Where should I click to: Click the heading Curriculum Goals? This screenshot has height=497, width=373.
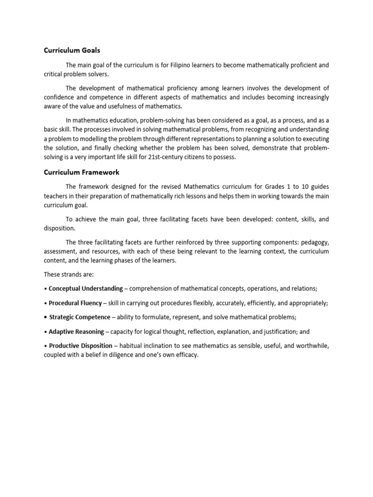tap(72, 50)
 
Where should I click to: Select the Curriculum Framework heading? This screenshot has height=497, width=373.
tap(82, 172)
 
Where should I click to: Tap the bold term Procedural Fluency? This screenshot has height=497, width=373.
tap(75, 303)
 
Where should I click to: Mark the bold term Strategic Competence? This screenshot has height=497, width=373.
tap(80, 317)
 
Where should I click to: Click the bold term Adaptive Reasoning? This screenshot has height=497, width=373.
tap(76, 332)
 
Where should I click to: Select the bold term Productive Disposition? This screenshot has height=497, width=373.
tap(79, 346)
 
